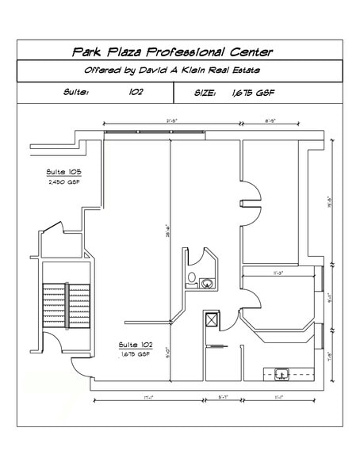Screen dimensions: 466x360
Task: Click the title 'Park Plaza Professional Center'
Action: pos(172,52)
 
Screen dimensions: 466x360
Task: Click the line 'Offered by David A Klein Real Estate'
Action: pos(174,71)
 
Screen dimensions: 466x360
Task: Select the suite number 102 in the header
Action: pos(136,93)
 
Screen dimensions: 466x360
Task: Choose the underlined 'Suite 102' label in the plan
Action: pos(135,345)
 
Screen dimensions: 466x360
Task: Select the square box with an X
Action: pos(211,321)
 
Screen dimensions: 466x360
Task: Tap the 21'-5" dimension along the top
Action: pos(172,120)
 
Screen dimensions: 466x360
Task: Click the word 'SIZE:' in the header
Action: pos(205,93)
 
